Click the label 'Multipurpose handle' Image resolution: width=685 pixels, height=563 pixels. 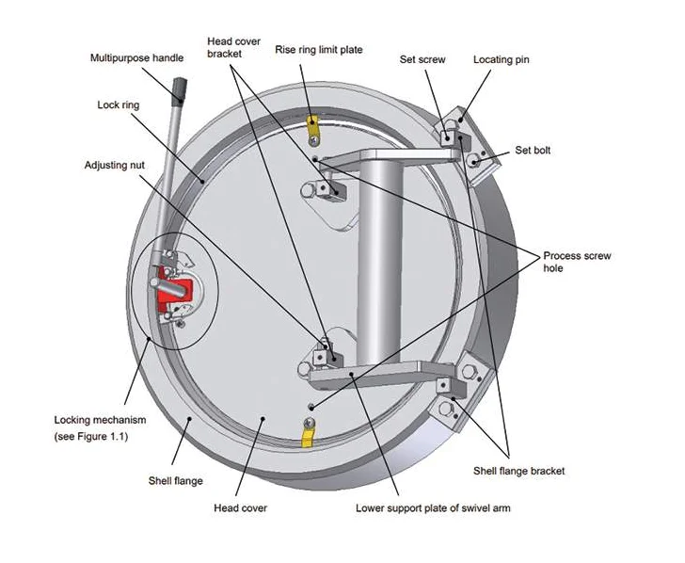[x=136, y=58]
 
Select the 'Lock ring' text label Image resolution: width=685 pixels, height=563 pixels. [x=118, y=105]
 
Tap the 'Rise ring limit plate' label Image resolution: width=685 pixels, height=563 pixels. [x=318, y=49]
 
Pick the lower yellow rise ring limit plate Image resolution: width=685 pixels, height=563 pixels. [x=307, y=435]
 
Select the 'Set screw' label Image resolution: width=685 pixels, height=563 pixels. [x=422, y=59]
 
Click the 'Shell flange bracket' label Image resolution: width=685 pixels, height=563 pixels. [x=519, y=470]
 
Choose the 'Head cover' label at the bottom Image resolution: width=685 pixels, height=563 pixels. [x=241, y=508]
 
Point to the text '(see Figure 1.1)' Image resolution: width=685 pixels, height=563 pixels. [x=91, y=438]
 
